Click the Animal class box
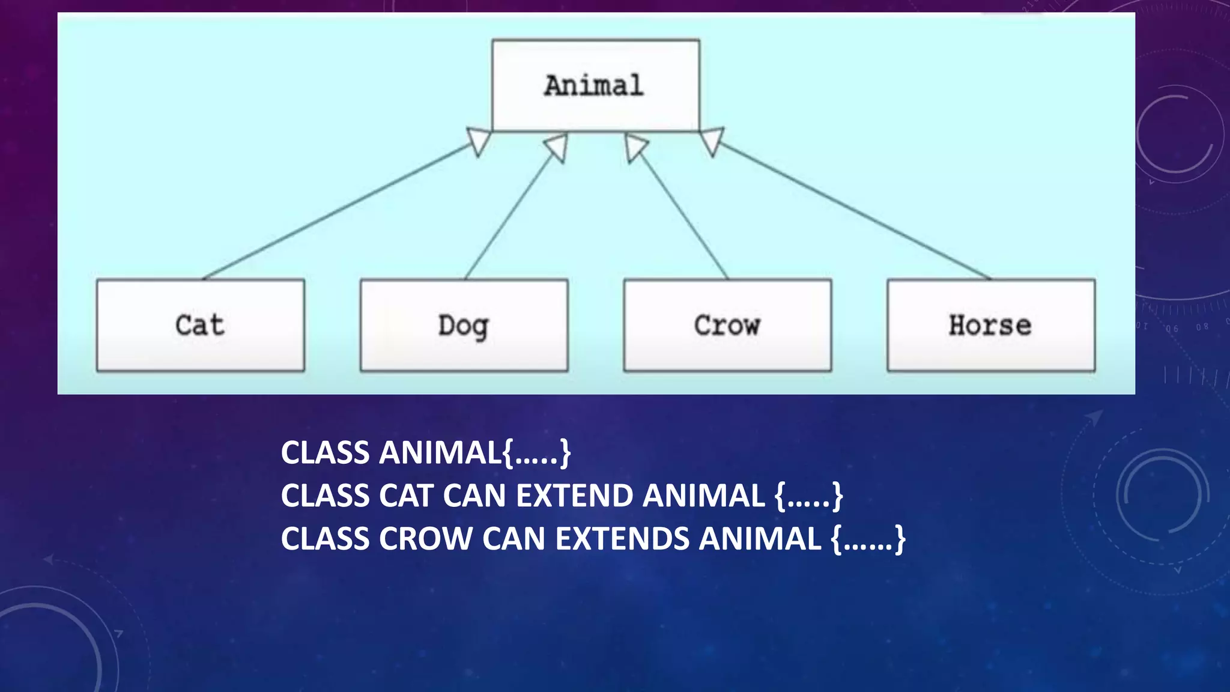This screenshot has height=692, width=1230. (595, 85)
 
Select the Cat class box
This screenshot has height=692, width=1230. (200, 325)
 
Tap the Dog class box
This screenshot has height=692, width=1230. (464, 325)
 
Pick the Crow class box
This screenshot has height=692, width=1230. (727, 325)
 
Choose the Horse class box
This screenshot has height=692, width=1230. (991, 325)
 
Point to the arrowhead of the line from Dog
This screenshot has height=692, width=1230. (557, 147)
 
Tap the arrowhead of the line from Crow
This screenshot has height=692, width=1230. (635, 147)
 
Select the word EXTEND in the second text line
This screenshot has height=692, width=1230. (574, 496)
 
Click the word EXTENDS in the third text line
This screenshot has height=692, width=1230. (622, 538)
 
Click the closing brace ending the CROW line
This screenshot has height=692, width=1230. (899, 539)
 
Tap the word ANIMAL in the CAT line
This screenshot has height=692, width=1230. (703, 496)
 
